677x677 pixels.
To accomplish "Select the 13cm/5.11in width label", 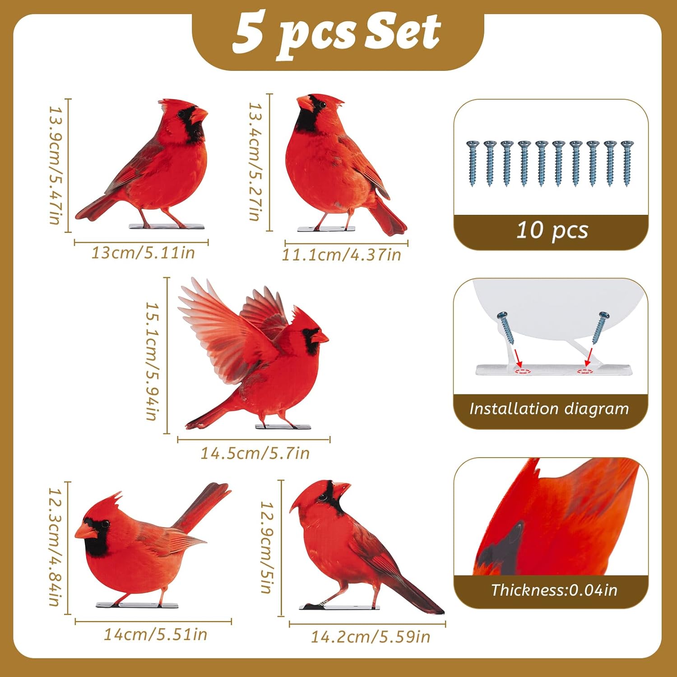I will click(143, 253).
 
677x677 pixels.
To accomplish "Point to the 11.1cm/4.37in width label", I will click(342, 255).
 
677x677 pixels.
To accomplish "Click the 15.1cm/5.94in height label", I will click(152, 361).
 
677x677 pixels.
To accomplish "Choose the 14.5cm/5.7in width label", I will click(255, 453).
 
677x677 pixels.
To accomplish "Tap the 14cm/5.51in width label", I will click(156, 635).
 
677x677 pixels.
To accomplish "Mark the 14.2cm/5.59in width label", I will click(371, 637).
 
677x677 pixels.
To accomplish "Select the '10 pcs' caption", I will click(552, 230).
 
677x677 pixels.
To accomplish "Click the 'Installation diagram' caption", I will click(549, 409).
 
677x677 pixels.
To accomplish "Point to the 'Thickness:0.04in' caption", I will click(554, 590).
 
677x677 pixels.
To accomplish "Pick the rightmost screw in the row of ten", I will click(626, 162).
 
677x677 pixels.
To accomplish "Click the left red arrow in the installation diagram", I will click(518, 359).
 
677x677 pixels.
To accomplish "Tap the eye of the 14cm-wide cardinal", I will click(106, 524).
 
